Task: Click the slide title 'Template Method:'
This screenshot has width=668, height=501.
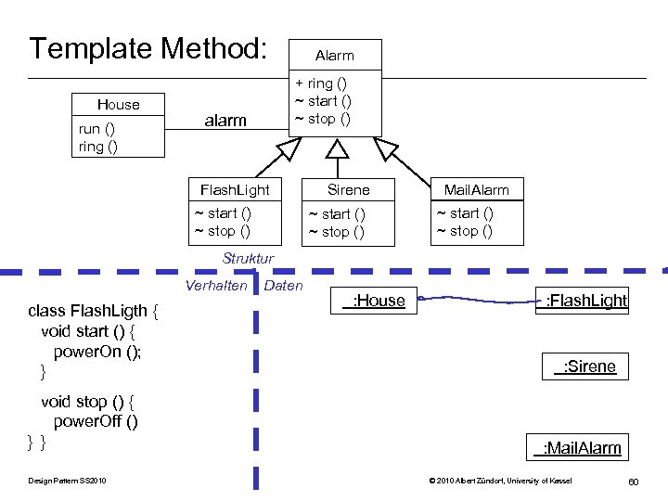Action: click(148, 48)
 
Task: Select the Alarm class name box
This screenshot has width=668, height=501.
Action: click(334, 56)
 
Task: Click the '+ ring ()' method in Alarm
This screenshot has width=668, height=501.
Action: click(321, 83)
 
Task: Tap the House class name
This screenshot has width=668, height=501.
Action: click(119, 105)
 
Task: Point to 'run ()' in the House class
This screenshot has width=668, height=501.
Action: click(97, 129)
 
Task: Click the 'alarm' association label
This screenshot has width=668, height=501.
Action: click(225, 120)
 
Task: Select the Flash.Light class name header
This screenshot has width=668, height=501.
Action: click(235, 190)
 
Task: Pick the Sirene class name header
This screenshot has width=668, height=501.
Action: click(348, 190)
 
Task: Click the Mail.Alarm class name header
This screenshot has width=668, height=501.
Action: click(476, 190)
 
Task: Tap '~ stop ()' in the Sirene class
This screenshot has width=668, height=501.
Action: click(336, 232)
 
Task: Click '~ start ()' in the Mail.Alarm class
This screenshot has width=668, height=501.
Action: click(465, 213)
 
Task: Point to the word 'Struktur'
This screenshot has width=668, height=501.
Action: click(248, 258)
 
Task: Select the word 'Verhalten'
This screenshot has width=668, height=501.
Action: click(216, 286)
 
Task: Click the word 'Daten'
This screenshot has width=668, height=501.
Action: click(283, 286)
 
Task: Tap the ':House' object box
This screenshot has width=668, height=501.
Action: click(373, 300)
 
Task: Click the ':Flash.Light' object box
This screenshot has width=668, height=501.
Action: click(582, 300)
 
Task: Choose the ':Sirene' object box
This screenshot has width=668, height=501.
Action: click(584, 366)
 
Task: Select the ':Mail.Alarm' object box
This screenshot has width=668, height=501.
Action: click(577, 448)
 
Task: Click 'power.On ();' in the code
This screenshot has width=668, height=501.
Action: click(97, 352)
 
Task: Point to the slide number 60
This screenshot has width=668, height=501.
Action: click(633, 481)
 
